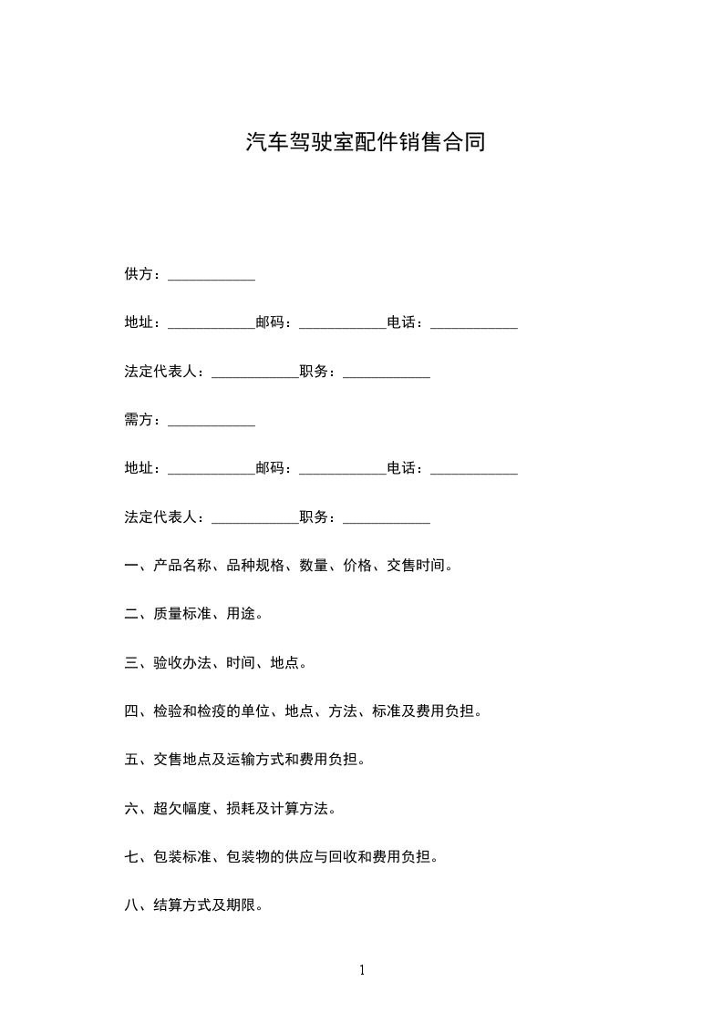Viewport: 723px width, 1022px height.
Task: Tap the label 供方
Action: pyautogui.click(x=139, y=274)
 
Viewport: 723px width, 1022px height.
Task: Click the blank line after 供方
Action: pyautogui.click(x=212, y=277)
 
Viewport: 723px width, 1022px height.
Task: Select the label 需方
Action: pyautogui.click(x=139, y=420)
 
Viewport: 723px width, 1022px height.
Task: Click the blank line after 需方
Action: pyautogui.click(x=212, y=423)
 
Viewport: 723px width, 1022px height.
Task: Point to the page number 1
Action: pyautogui.click(x=362, y=970)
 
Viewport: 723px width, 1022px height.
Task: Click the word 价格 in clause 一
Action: pyautogui.click(x=357, y=566)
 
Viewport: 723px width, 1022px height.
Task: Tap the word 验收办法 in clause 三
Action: pyautogui.click(x=182, y=662)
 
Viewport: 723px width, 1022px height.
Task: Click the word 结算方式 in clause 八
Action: pyautogui.click(x=182, y=905)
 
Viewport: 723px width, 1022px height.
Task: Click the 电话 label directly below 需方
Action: pyautogui.click(x=401, y=468)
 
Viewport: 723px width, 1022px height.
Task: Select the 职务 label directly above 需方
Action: pyautogui.click(x=314, y=372)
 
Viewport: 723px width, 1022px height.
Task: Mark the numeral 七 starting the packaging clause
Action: pyautogui.click(x=131, y=857)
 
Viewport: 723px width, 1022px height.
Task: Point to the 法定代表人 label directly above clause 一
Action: pyautogui.click(x=160, y=517)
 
